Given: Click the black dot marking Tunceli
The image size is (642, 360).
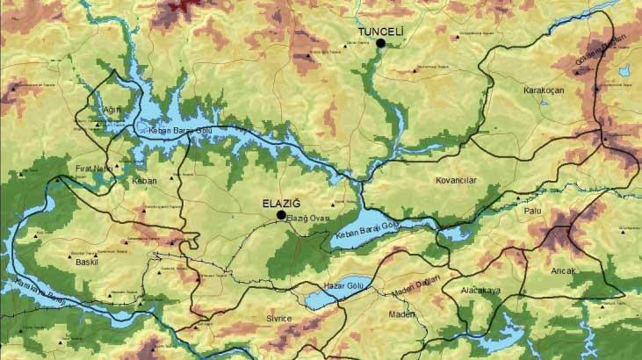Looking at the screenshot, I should (381, 43).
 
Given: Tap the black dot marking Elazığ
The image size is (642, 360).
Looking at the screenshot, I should (281, 214).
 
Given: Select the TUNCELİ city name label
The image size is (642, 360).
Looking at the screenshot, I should (379, 32).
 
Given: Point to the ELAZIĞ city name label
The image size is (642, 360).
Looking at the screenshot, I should (282, 203).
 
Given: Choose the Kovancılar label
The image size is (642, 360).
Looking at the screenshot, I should (455, 181).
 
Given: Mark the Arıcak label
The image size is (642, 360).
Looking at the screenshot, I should (562, 270).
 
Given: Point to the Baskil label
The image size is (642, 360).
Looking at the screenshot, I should (87, 262).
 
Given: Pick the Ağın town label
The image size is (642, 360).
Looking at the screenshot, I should (112, 110).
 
